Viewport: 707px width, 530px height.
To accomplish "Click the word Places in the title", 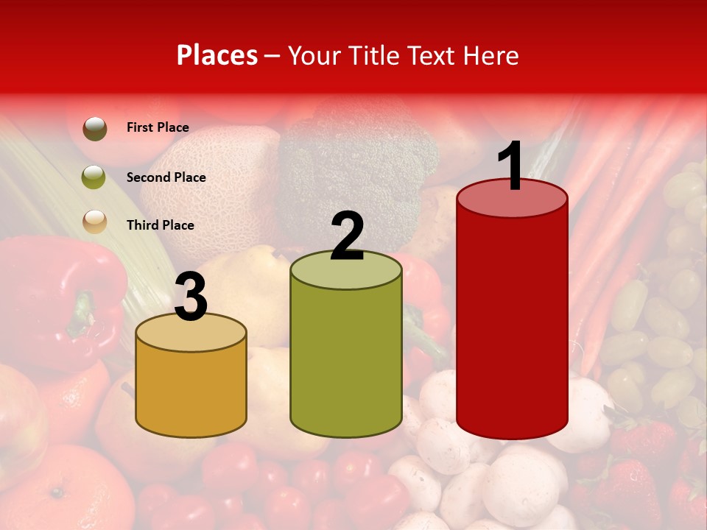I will coord(217,55).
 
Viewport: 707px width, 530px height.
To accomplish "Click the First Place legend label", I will coord(158,127).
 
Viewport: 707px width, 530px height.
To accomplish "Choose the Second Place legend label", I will coord(166,177).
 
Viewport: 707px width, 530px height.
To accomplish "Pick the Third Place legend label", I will coord(160,225).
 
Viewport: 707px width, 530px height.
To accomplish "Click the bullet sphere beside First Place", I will coord(94,128).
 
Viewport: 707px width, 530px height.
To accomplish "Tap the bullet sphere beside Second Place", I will coord(94,177).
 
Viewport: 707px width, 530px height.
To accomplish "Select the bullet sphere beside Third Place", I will coord(94,222).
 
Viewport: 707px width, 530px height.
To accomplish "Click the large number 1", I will coord(510,167).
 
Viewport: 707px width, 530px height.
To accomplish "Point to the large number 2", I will coord(347,236).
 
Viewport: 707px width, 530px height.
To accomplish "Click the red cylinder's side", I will coord(512,324).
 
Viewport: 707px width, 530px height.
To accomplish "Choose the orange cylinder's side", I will coord(191,390).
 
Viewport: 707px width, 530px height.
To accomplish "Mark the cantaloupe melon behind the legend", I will coord(214,177).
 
